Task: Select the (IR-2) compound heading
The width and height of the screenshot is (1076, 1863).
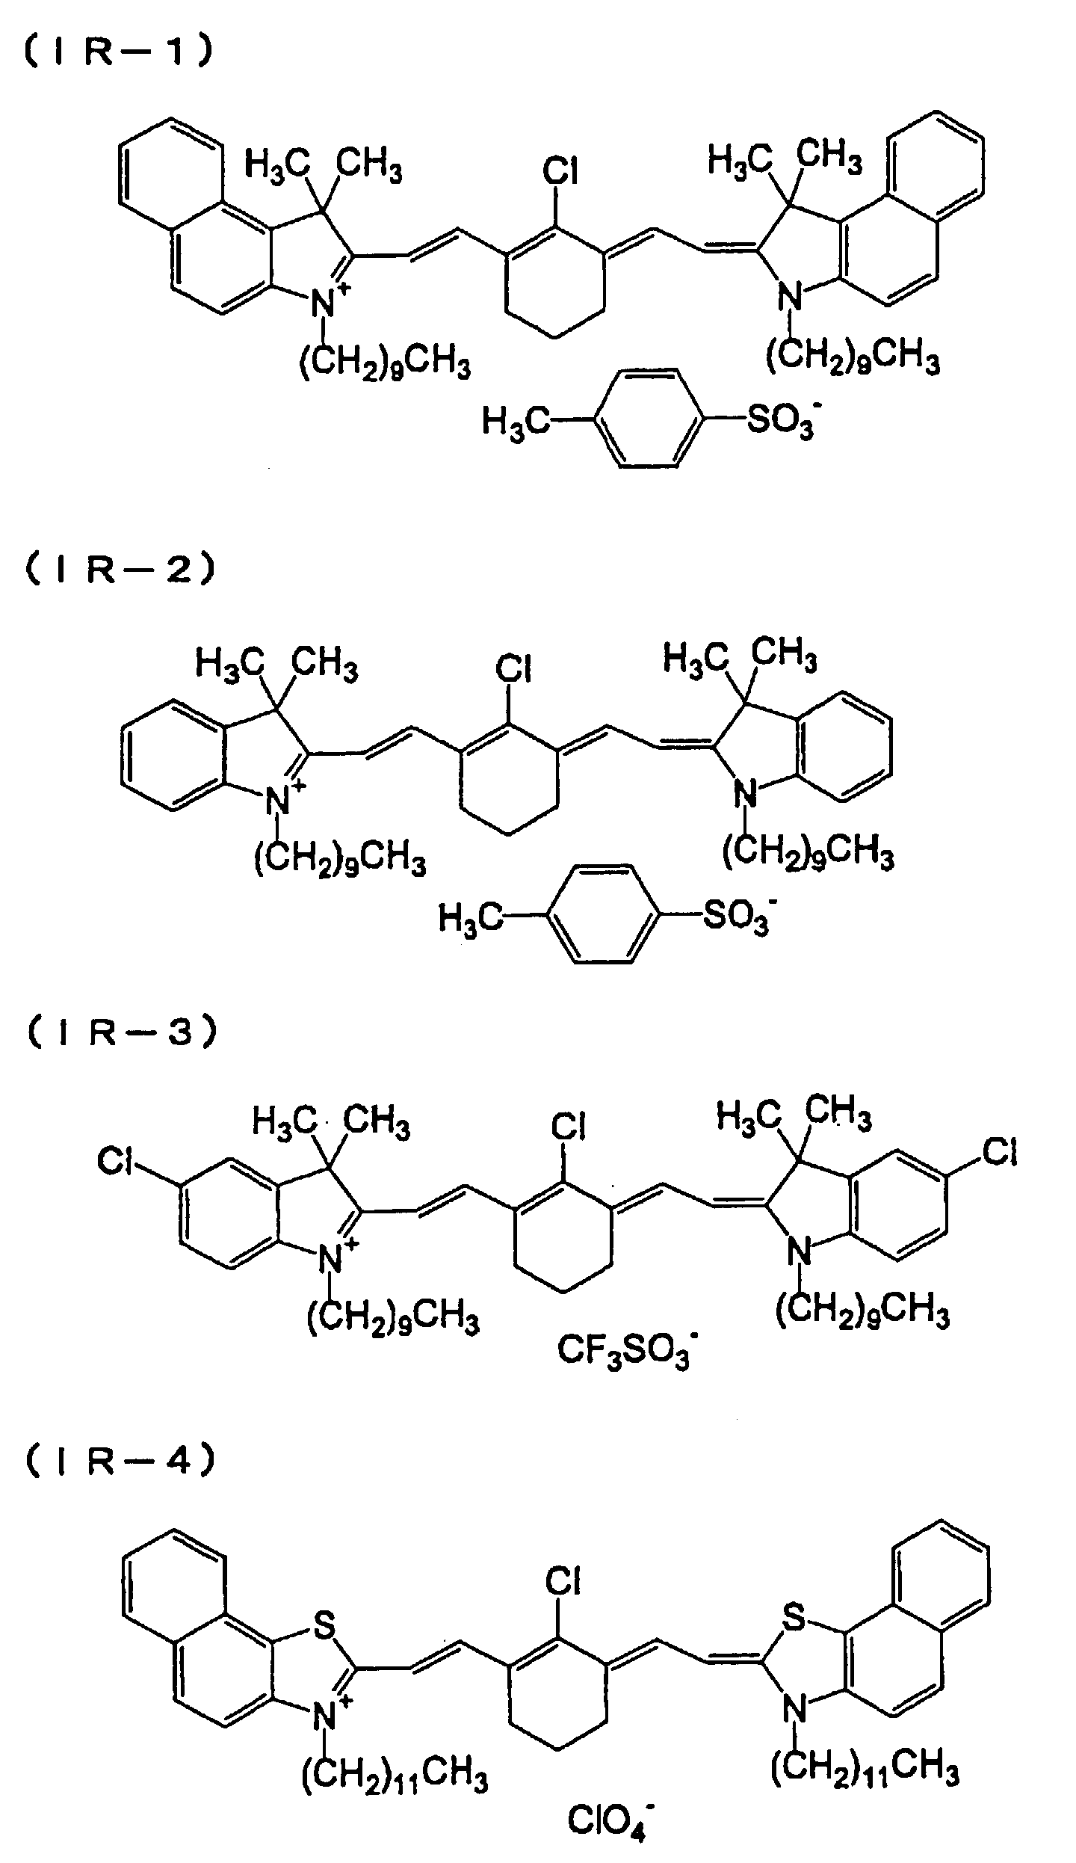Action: pos(120,568)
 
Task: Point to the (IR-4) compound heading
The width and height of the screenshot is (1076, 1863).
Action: pos(120,1460)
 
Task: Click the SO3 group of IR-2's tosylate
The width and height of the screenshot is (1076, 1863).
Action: pos(732,917)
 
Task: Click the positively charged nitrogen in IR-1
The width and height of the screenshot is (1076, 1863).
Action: pos(323,303)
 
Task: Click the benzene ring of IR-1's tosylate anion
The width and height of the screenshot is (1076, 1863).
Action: pos(649,419)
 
